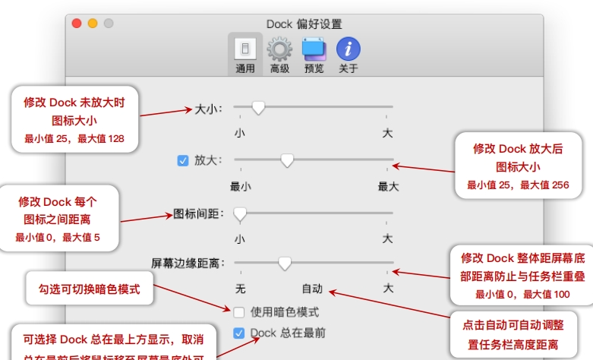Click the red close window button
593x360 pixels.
[77, 24]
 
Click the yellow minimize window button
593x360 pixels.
[93, 24]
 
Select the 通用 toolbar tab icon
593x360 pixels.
[244, 50]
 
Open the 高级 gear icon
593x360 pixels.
[279, 50]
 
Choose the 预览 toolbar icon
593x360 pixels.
[314, 50]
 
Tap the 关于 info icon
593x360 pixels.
[349, 50]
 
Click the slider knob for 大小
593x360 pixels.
[258, 109]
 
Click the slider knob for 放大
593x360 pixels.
[287, 160]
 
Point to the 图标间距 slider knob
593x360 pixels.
[240, 214]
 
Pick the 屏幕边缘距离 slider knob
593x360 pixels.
[285, 264]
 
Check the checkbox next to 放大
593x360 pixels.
[182, 160]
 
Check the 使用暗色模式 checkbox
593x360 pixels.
[239, 311]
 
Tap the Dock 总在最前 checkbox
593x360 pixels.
[239, 333]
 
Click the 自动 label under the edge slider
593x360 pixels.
[312, 289]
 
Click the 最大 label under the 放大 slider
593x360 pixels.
[388, 185]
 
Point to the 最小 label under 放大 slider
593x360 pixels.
[241, 185]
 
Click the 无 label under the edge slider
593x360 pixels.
[241, 289]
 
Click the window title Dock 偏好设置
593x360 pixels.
[304, 24]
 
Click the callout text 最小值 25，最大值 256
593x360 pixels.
[518, 185]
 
